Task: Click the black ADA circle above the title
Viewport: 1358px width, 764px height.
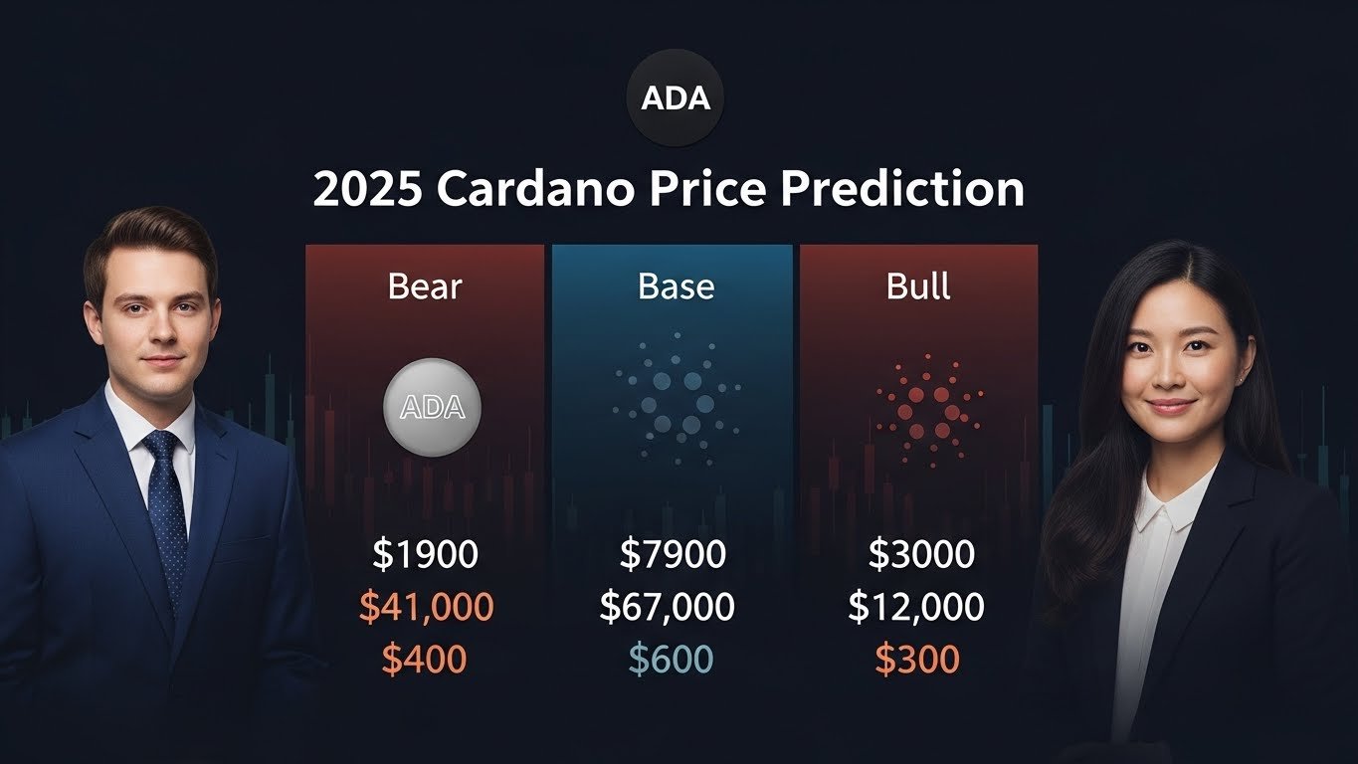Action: (x=676, y=99)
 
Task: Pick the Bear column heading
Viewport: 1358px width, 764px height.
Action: (x=425, y=286)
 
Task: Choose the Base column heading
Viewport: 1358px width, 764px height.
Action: (x=676, y=286)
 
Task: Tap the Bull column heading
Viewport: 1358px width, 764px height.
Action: (x=918, y=286)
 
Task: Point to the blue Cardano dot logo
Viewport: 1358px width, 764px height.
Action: (x=677, y=396)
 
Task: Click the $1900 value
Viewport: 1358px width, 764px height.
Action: (x=425, y=555)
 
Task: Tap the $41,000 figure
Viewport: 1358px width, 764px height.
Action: (x=425, y=607)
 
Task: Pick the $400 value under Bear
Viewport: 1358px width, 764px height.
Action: (x=425, y=659)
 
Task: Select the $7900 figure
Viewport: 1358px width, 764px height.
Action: (x=673, y=555)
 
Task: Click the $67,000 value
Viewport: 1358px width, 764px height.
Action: (x=667, y=607)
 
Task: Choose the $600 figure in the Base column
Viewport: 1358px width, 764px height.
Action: (x=672, y=659)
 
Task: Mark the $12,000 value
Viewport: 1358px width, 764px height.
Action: (x=916, y=607)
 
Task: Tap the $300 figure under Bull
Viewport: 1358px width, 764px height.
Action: (x=917, y=659)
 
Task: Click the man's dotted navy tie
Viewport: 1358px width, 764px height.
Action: (x=166, y=507)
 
